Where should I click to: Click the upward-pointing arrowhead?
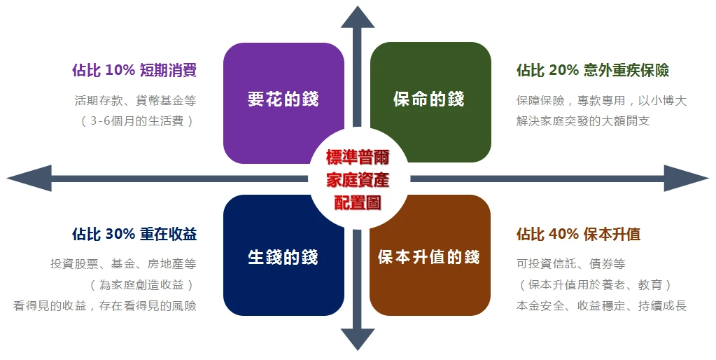click(358, 18)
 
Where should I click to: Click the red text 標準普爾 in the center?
click(358, 157)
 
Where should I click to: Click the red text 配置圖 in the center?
click(358, 202)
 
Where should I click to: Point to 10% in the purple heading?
click(120, 70)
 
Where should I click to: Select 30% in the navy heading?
click(120, 234)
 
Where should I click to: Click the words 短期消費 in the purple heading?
click(169, 70)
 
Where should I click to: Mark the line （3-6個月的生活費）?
click(137, 121)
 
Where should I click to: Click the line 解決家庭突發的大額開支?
click(583, 121)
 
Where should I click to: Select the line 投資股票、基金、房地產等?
click(123, 264)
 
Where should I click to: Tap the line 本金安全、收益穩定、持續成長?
click(601, 305)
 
